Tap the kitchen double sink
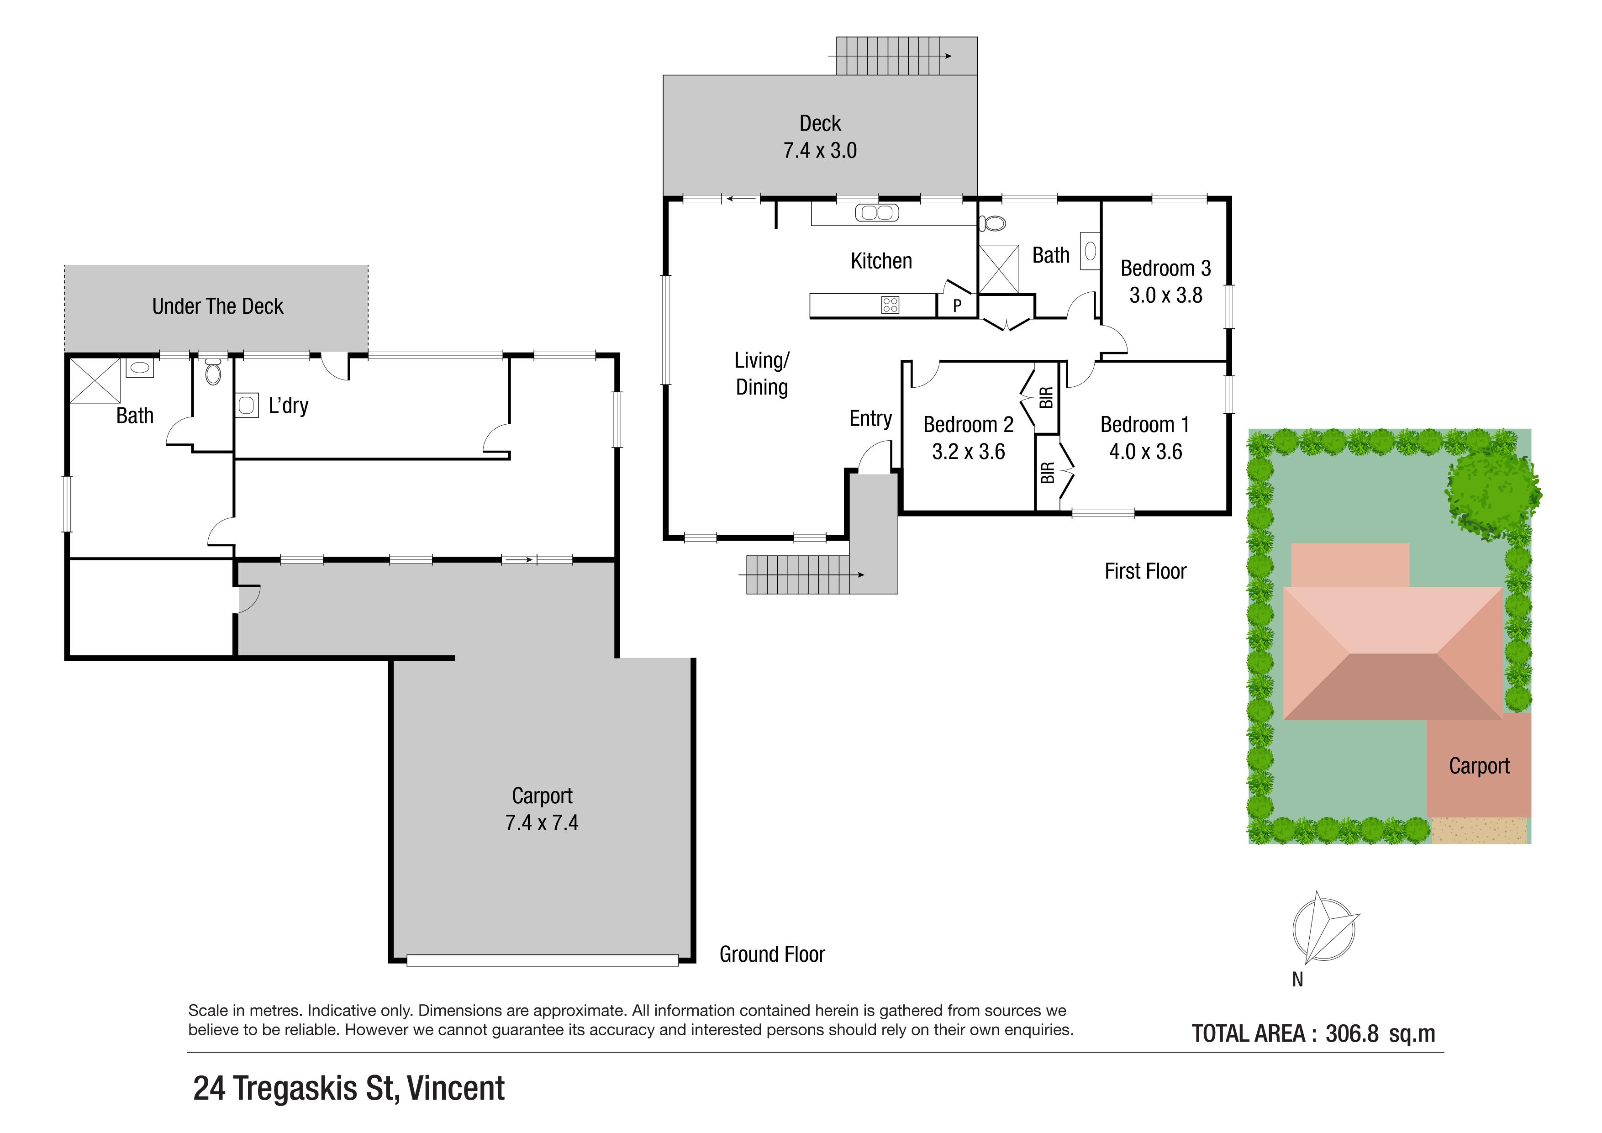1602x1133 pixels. pos(877,213)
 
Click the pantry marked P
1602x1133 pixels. pos(957,305)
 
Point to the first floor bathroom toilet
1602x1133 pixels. pos(992,223)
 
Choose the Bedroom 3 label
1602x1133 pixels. pos(1165,269)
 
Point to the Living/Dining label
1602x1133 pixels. pos(762,374)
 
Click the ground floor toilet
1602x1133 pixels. pos(213,371)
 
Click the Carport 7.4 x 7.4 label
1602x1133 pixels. pos(542,809)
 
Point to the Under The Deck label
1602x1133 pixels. pos(218,306)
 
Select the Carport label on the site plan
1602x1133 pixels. pos(1479,766)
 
